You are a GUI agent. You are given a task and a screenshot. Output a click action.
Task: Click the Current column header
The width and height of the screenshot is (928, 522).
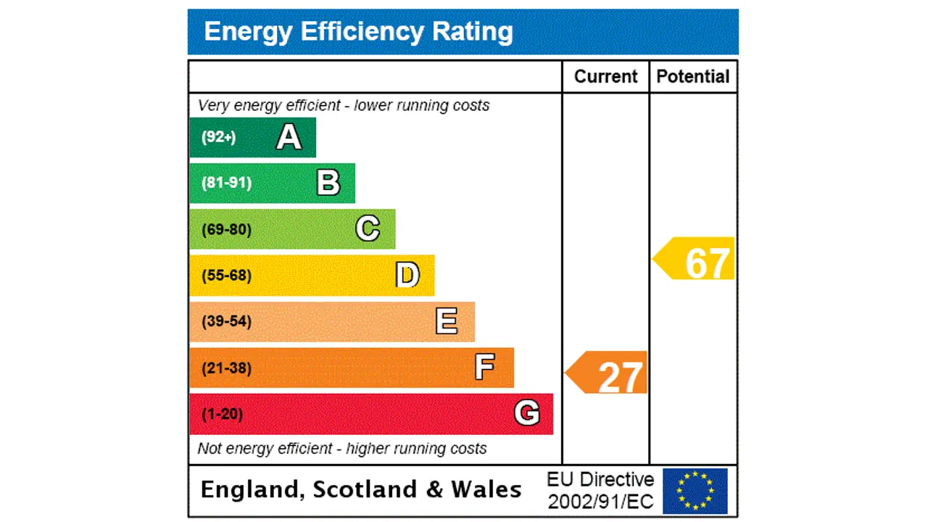(605, 77)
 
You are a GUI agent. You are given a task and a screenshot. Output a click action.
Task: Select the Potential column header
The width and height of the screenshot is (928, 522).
(692, 77)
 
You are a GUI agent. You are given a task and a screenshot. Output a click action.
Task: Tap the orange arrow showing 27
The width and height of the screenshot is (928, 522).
(607, 373)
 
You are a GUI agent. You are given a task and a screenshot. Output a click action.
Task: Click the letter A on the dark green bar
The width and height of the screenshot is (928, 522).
(289, 137)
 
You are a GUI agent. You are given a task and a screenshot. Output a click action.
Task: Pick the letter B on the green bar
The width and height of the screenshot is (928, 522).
(328, 183)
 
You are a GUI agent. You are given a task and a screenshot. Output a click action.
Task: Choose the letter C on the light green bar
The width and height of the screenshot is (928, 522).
(368, 229)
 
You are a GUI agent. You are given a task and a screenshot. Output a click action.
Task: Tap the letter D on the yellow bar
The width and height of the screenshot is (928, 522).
(407, 275)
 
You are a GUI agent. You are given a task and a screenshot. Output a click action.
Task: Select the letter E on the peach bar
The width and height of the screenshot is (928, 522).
(447, 321)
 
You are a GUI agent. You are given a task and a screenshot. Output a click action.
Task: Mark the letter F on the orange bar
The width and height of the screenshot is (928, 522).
(485, 368)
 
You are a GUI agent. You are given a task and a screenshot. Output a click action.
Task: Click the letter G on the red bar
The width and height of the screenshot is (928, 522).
(526, 414)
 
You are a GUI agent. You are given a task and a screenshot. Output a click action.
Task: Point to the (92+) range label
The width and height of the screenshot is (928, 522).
(218, 137)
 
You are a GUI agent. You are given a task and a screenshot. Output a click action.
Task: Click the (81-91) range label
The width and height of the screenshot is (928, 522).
(226, 183)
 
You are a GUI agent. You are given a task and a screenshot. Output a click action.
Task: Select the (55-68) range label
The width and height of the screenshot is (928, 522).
(226, 275)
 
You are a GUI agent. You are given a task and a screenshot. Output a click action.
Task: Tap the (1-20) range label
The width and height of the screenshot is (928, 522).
(222, 414)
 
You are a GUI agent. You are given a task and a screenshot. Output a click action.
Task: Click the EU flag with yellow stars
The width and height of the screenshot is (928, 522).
(695, 491)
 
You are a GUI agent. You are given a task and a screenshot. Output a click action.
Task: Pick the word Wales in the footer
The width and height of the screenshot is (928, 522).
(486, 489)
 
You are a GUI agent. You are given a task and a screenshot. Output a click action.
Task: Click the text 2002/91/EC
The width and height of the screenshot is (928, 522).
(600, 501)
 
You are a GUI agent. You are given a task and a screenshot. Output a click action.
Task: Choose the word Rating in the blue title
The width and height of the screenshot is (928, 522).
(472, 31)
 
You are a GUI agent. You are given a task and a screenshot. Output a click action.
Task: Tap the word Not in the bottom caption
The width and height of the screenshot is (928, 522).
(210, 448)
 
